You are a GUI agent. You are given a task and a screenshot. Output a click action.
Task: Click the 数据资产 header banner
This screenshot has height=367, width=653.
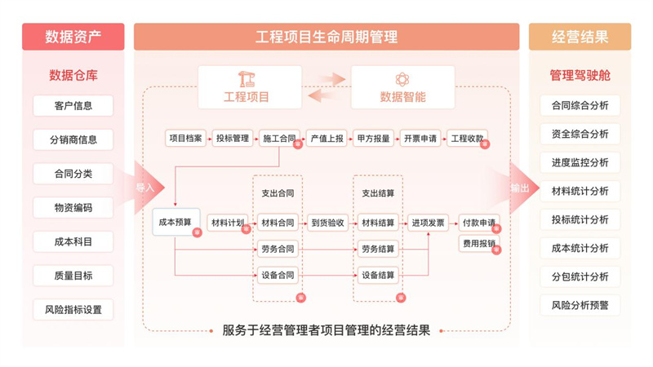[73, 37]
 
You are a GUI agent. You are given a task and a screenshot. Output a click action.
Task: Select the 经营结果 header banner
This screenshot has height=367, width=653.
[580, 37]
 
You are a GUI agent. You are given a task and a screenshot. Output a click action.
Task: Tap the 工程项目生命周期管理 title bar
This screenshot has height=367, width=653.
[326, 37]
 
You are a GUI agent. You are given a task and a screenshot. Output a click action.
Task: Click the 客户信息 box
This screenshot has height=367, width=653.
[73, 105]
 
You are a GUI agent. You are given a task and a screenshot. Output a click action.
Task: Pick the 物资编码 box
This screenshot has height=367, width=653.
[73, 208]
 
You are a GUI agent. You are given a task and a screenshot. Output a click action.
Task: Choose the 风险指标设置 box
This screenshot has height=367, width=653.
[73, 310]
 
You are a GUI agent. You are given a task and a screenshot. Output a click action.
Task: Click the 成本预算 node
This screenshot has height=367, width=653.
[175, 222]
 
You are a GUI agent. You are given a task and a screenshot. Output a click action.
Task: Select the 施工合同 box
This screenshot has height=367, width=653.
[279, 139]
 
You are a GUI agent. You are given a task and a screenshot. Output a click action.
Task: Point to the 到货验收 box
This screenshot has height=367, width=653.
[327, 222]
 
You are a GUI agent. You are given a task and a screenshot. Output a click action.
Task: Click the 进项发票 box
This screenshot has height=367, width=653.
[429, 222]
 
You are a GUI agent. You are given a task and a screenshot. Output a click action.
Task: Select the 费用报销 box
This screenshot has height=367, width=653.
[479, 243]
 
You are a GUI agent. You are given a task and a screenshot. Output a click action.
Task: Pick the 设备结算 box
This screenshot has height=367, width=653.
[378, 275]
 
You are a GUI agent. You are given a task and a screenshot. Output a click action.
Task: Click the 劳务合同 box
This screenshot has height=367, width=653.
[278, 249]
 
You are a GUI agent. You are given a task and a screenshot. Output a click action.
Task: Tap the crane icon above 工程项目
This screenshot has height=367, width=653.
[247, 79]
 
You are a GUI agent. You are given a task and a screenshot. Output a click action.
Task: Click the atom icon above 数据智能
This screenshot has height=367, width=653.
[402, 79]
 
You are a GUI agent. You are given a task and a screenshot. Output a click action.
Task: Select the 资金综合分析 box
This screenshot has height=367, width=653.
[580, 134]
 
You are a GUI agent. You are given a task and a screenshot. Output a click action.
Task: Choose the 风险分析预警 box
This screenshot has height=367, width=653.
[580, 306]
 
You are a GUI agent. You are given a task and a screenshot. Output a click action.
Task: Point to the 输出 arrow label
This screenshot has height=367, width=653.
[520, 188]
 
